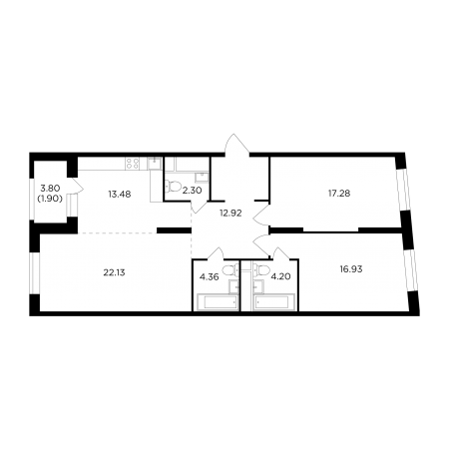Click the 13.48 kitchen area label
pos(120,194)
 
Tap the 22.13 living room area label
pos(114,272)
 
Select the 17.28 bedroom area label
pos(339,193)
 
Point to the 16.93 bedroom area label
pos(351,269)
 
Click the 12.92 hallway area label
pos(230,214)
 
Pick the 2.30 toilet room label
pos(193,192)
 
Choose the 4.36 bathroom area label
pos(210,276)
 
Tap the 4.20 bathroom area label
pos(281,276)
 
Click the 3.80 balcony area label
pos(50,189)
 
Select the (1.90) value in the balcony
pos(50,199)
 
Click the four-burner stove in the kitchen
pos(132,164)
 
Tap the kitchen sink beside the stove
pos(155,164)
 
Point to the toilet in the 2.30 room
pos(173,186)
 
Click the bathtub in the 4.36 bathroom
pos(218,302)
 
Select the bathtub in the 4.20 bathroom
pos(274,302)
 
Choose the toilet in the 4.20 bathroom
pos(261,269)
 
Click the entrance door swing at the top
pos(236,145)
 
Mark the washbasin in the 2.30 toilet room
pos(202,177)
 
